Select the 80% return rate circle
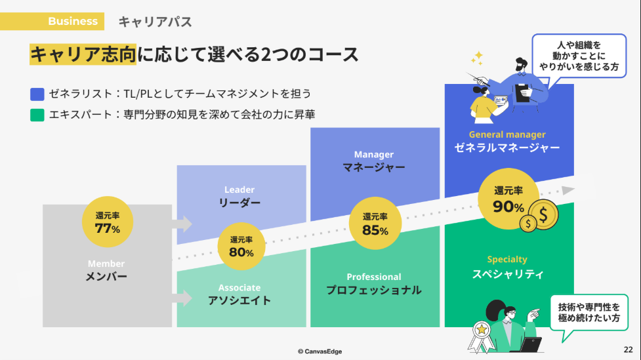tap(241, 247)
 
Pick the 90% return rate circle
tap(509, 200)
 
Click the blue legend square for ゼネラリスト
tap(37, 94)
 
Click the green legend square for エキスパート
tap(37, 115)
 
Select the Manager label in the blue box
tap(373, 155)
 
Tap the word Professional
tap(373, 277)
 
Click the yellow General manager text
tap(507, 134)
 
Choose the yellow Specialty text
tap(507, 259)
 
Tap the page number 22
tap(628, 349)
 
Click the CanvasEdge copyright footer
tap(320, 351)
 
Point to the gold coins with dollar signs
tap(539, 216)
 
